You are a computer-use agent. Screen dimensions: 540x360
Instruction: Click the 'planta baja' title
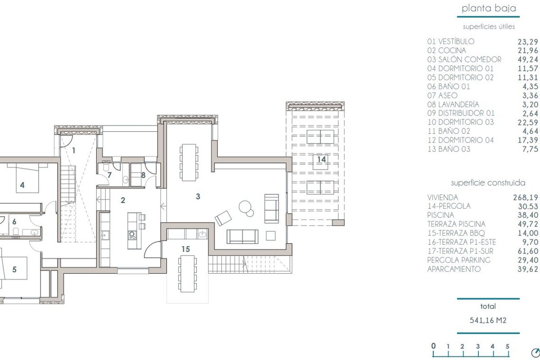click(x=489, y=9)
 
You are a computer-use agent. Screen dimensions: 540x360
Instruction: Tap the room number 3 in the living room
click(x=198, y=197)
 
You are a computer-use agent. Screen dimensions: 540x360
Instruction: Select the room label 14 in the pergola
click(x=322, y=159)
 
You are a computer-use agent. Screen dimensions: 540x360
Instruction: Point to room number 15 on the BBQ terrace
click(x=185, y=249)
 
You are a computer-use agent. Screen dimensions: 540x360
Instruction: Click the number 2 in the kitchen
click(x=123, y=200)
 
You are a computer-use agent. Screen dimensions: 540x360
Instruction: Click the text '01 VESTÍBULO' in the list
click(x=451, y=41)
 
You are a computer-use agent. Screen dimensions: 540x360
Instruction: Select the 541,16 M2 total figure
click(x=488, y=320)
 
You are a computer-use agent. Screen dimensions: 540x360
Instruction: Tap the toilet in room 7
click(x=106, y=166)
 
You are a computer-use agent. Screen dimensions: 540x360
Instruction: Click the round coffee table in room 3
click(x=245, y=207)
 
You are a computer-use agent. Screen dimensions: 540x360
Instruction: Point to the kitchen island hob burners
click(x=132, y=235)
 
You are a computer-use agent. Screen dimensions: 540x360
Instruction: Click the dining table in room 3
click(x=189, y=162)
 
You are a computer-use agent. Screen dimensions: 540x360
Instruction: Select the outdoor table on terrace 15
click(x=187, y=274)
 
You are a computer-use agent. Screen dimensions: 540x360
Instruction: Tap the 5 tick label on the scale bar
click(x=507, y=346)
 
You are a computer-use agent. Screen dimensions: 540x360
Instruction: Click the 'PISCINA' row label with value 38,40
click(x=441, y=215)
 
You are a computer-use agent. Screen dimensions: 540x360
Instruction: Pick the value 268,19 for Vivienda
click(x=526, y=198)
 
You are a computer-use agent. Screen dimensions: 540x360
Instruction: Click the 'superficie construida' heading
click(x=488, y=183)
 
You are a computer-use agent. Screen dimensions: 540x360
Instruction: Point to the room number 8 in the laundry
click(x=144, y=175)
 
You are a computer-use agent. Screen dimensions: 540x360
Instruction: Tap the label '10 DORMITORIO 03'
click(x=460, y=122)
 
